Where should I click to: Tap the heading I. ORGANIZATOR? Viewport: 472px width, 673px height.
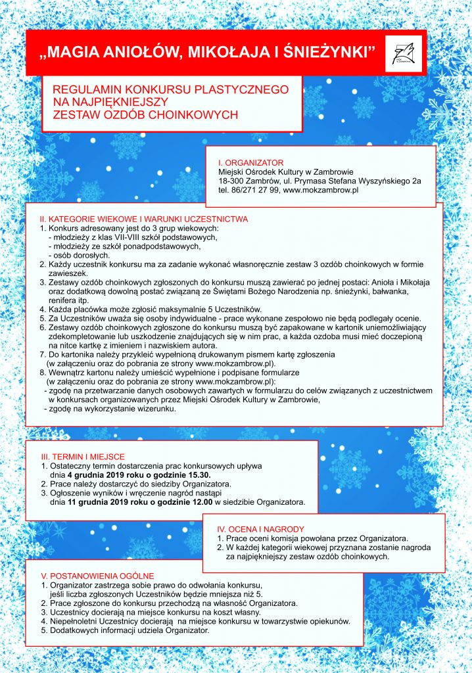[251, 162]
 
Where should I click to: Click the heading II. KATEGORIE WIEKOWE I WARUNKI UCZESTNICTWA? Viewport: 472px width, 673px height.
[143, 218]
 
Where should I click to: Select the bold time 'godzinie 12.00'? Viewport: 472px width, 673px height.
[181, 503]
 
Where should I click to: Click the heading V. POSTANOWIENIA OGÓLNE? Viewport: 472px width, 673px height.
[98, 576]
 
